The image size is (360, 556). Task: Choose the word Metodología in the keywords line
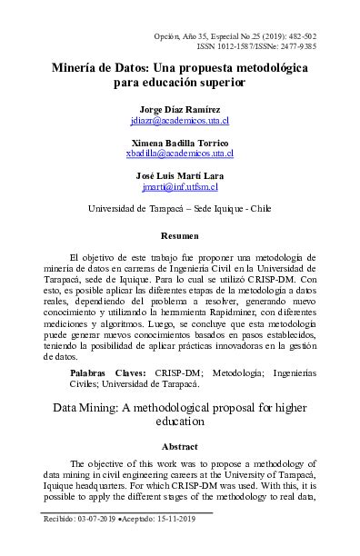pos(239,373)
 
